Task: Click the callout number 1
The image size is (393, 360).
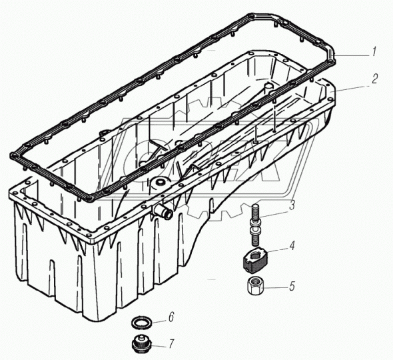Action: [x=374, y=52]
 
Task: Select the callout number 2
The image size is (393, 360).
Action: [x=374, y=79]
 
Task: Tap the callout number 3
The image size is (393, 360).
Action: [x=292, y=205]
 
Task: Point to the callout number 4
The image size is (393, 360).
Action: [x=292, y=245]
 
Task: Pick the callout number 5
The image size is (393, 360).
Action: [x=292, y=286]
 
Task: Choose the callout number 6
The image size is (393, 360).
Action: [x=171, y=317]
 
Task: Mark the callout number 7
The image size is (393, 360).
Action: [x=171, y=344]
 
